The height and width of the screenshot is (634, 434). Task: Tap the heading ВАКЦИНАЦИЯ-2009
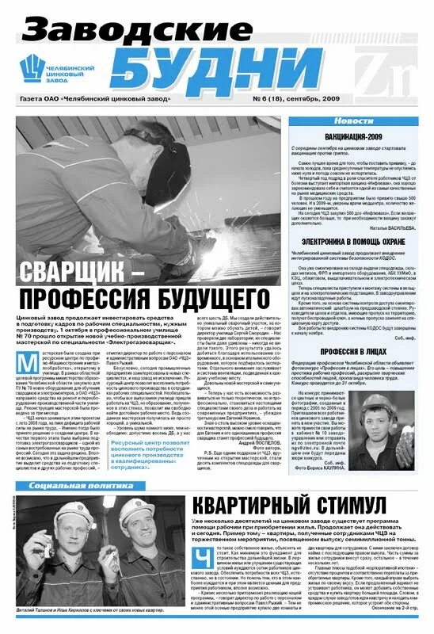(x=352, y=137)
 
